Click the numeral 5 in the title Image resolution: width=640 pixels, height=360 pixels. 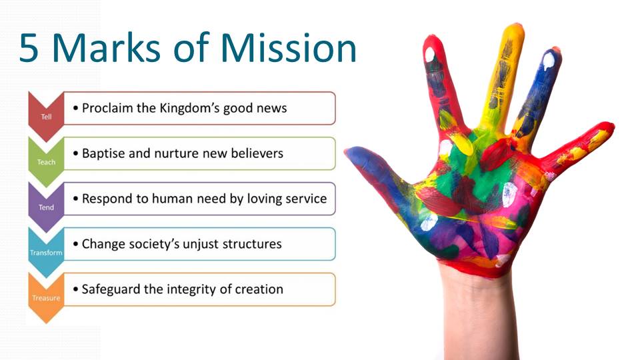click(x=33, y=49)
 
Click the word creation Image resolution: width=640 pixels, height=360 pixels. click(x=257, y=289)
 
